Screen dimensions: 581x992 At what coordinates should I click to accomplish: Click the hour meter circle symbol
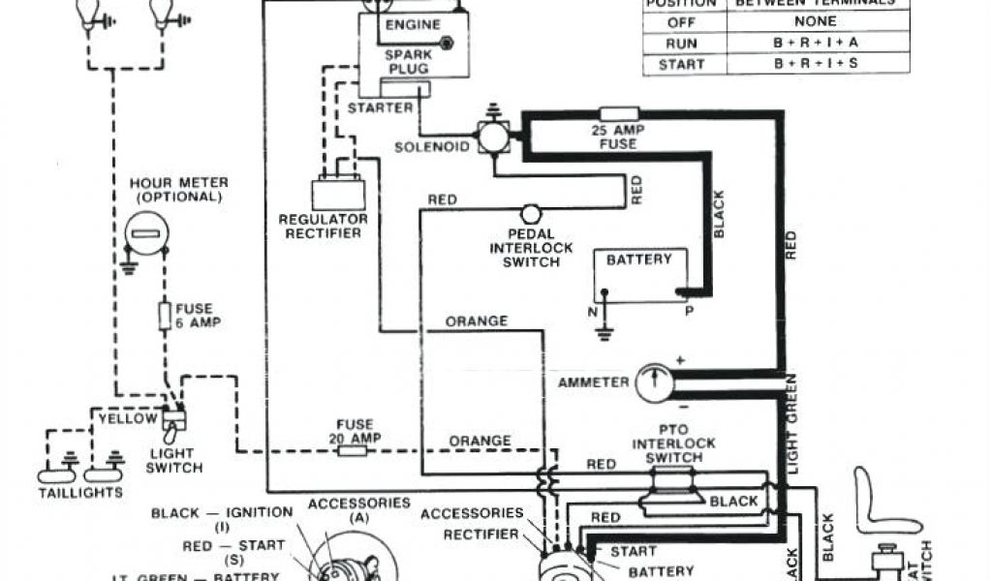[x=148, y=234]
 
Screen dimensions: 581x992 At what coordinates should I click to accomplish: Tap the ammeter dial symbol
[x=655, y=382]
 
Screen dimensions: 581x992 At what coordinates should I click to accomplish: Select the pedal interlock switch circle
[x=530, y=213]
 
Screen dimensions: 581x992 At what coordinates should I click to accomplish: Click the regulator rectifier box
[x=337, y=195]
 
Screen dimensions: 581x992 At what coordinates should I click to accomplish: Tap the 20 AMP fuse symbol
[x=352, y=451]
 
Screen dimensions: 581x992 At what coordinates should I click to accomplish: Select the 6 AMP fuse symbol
[x=165, y=315]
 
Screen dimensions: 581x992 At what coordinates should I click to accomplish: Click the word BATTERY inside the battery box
[x=638, y=260]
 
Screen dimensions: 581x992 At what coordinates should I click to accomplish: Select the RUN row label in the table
[x=680, y=44]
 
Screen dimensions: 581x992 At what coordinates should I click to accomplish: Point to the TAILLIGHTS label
[x=80, y=492]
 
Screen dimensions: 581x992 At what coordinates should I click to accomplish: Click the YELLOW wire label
[x=127, y=418]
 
